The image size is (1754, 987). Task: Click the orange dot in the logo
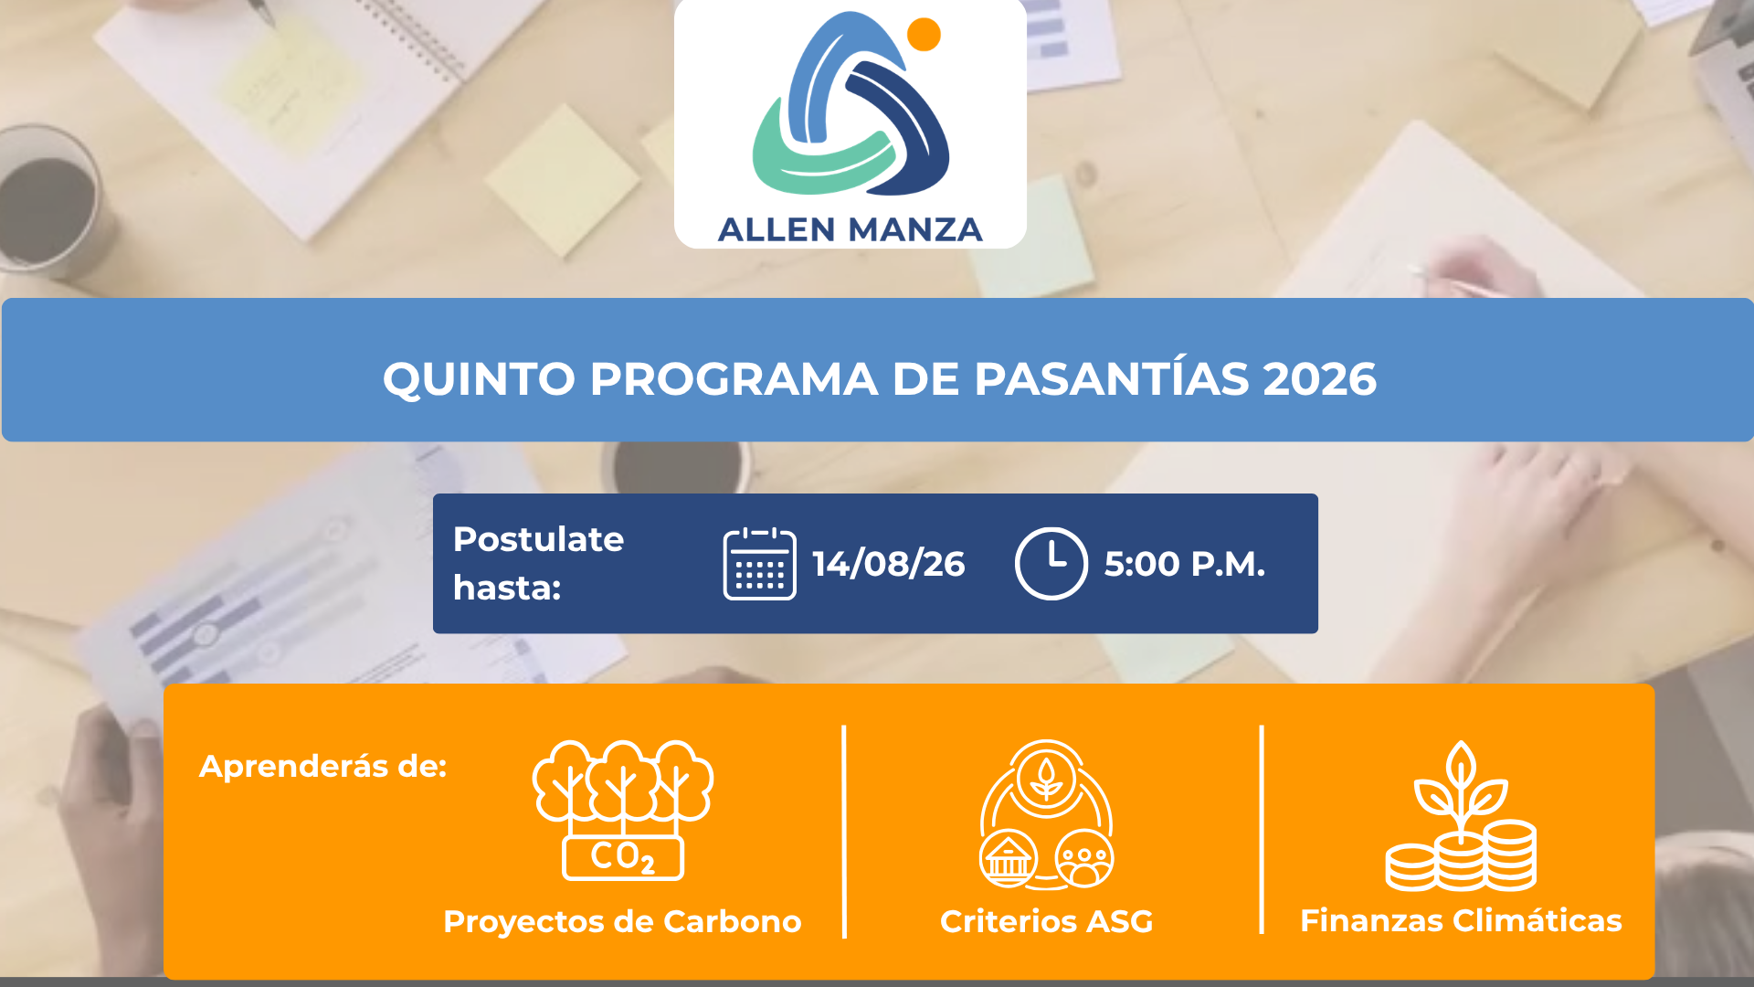924,34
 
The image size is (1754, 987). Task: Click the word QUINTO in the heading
479,379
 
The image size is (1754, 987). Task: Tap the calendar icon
759,564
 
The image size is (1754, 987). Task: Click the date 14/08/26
888,564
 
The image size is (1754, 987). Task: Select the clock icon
1051,563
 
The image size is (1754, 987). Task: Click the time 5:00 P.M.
1184,564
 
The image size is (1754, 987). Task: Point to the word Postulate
538,539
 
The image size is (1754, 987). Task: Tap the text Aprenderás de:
322,766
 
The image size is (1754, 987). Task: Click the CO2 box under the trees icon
623,857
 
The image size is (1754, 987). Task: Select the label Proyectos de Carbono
622,921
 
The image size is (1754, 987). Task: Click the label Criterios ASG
1046,921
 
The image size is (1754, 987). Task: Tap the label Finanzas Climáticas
1461,920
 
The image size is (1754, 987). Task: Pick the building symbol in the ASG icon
1008,859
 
